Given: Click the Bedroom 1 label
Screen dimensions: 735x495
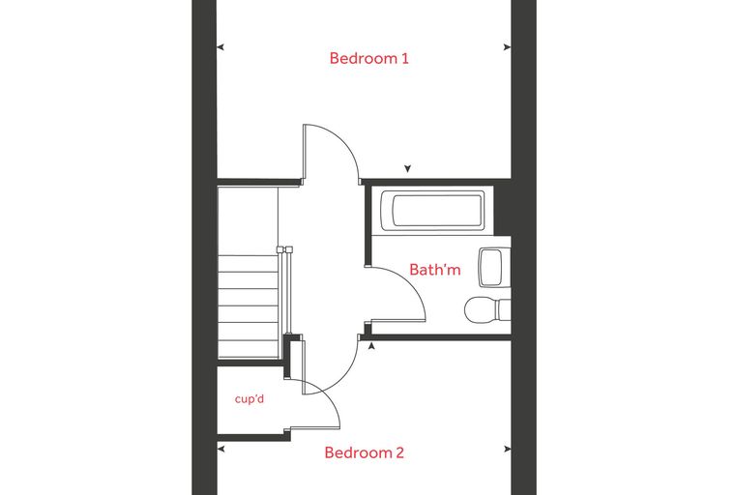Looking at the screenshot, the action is [368, 58].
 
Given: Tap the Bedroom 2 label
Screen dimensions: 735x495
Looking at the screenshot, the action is [365, 452].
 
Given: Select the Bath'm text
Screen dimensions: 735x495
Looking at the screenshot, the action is [435, 270].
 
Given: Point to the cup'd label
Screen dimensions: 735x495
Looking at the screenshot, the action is [250, 399].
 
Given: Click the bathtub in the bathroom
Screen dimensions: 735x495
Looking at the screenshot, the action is [432, 211].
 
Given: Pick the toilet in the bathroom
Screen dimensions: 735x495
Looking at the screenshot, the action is [487, 309].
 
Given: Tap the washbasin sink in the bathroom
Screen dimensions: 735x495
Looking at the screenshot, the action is [494, 267].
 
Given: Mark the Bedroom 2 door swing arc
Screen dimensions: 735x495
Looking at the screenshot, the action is [344, 375].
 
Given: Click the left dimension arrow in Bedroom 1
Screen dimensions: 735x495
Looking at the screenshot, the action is [220, 46].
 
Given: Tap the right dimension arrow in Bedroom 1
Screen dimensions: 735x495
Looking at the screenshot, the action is [507, 46].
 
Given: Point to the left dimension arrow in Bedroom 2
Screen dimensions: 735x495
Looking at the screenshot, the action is [220, 449].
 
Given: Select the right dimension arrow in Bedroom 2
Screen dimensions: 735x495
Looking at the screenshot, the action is [507, 449].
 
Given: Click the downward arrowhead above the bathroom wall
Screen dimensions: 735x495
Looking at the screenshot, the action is [407, 169].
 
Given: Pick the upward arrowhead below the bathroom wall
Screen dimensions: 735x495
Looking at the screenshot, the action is [371, 346].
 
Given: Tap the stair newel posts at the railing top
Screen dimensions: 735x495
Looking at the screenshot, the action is [284, 249].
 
